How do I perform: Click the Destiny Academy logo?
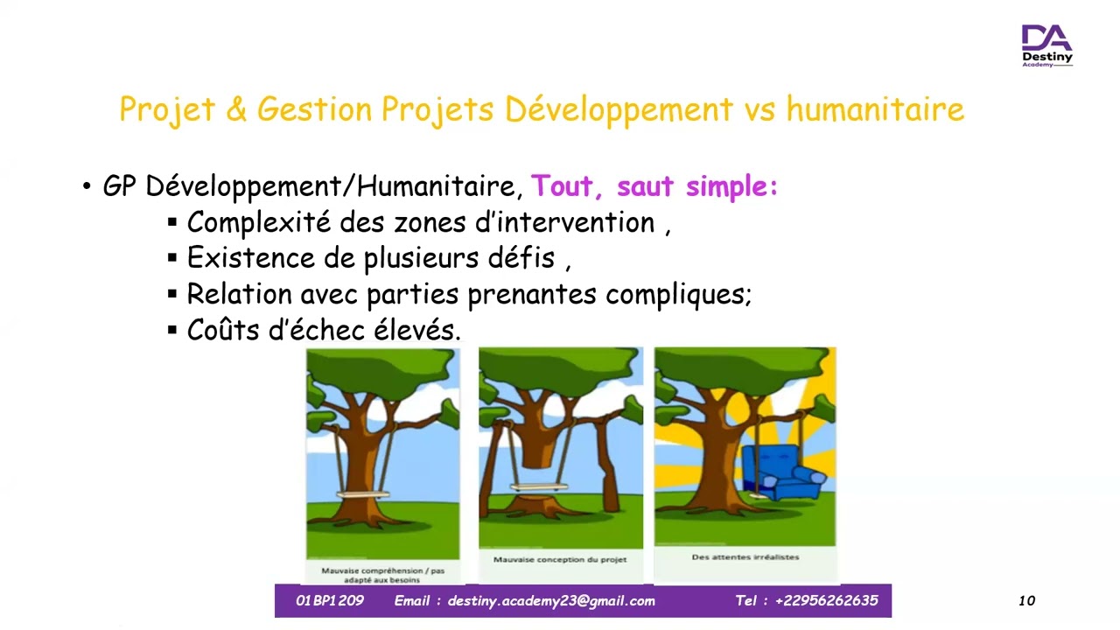pyautogui.click(x=1046, y=45)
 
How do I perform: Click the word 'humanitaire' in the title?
pyautogui.click(x=875, y=110)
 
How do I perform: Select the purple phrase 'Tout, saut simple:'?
pyautogui.click(x=654, y=186)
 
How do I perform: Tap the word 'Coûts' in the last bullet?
pyautogui.click(x=227, y=330)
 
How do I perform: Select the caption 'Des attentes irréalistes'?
pyautogui.click(x=745, y=557)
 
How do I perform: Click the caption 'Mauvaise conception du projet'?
pyautogui.click(x=560, y=560)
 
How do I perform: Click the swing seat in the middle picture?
pyautogui.click(x=540, y=487)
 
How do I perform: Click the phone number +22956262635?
pyautogui.click(x=826, y=601)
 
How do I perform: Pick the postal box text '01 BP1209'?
pyautogui.click(x=329, y=601)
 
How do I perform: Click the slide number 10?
pyautogui.click(x=1026, y=601)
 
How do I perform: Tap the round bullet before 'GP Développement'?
pyautogui.click(x=87, y=187)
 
